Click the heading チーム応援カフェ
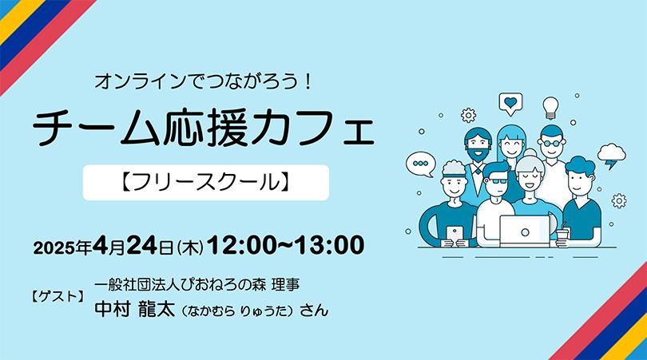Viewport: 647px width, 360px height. pos(204,127)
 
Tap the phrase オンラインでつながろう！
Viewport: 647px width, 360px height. pos(203,81)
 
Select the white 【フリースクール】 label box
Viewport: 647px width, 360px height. pos(206,183)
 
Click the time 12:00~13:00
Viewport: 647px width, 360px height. pos(285,245)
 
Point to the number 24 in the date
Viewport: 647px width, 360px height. pos(141,245)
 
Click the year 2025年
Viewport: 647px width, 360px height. pos(62,247)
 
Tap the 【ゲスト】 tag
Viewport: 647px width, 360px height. pos(58,296)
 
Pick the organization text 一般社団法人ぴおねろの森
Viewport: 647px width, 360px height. pos(181,285)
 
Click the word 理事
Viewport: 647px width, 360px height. pos(285,285)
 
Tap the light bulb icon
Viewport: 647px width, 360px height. pos(550,108)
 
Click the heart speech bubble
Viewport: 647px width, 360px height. pos(510,104)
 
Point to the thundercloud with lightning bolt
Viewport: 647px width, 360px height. pos(612,156)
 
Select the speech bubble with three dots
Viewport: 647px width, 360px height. pos(421,164)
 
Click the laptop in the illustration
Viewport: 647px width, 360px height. pos(525,231)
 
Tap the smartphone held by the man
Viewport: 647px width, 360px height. pos(454,235)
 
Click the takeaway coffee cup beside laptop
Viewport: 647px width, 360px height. pos(562,237)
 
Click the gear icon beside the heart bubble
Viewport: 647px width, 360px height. pos(468,115)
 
